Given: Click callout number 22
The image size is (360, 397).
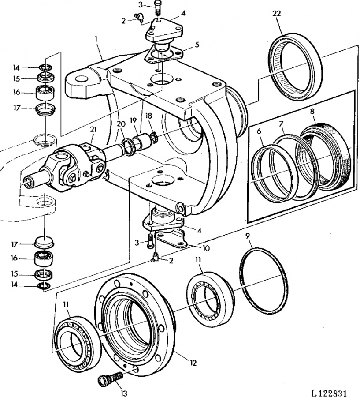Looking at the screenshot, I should [x=276, y=14].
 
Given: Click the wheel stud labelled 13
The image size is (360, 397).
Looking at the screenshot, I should [x=111, y=378].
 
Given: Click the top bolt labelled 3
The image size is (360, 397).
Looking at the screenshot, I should [x=158, y=8].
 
